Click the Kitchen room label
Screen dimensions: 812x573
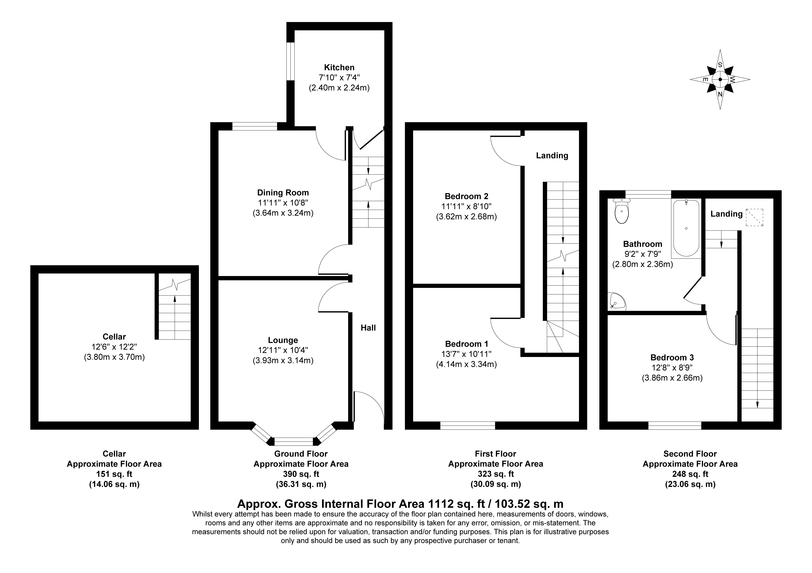339,68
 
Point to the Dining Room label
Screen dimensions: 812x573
283,193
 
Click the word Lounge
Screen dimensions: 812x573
283,340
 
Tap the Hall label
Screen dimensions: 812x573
368,328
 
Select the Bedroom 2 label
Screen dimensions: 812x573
467,196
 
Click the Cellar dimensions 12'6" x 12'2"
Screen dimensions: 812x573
114,347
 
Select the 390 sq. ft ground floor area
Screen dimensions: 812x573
301,474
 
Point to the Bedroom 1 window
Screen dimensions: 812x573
467,426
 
